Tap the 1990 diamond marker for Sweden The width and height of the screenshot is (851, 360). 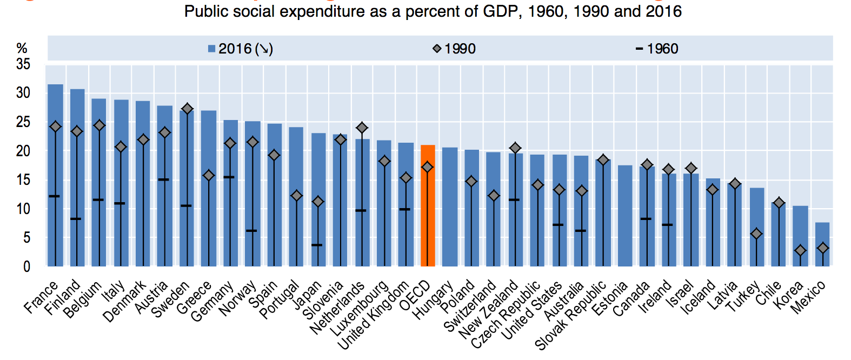tap(187, 109)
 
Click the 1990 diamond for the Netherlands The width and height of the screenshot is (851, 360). tap(362, 128)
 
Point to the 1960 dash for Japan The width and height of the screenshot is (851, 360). tap(318, 245)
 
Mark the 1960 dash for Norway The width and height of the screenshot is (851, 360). tap(251, 231)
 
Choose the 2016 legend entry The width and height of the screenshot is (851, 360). tap(241, 49)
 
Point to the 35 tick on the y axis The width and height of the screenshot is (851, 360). tap(23, 64)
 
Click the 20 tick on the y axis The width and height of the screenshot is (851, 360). tap(23, 151)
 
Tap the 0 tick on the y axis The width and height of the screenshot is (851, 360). tap(26, 266)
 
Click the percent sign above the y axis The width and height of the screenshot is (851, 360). tap(22, 48)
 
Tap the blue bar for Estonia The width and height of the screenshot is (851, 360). tap(625, 216)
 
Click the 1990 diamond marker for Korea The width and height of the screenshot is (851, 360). tap(800, 250)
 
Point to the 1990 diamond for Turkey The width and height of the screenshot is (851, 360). tap(756, 234)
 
